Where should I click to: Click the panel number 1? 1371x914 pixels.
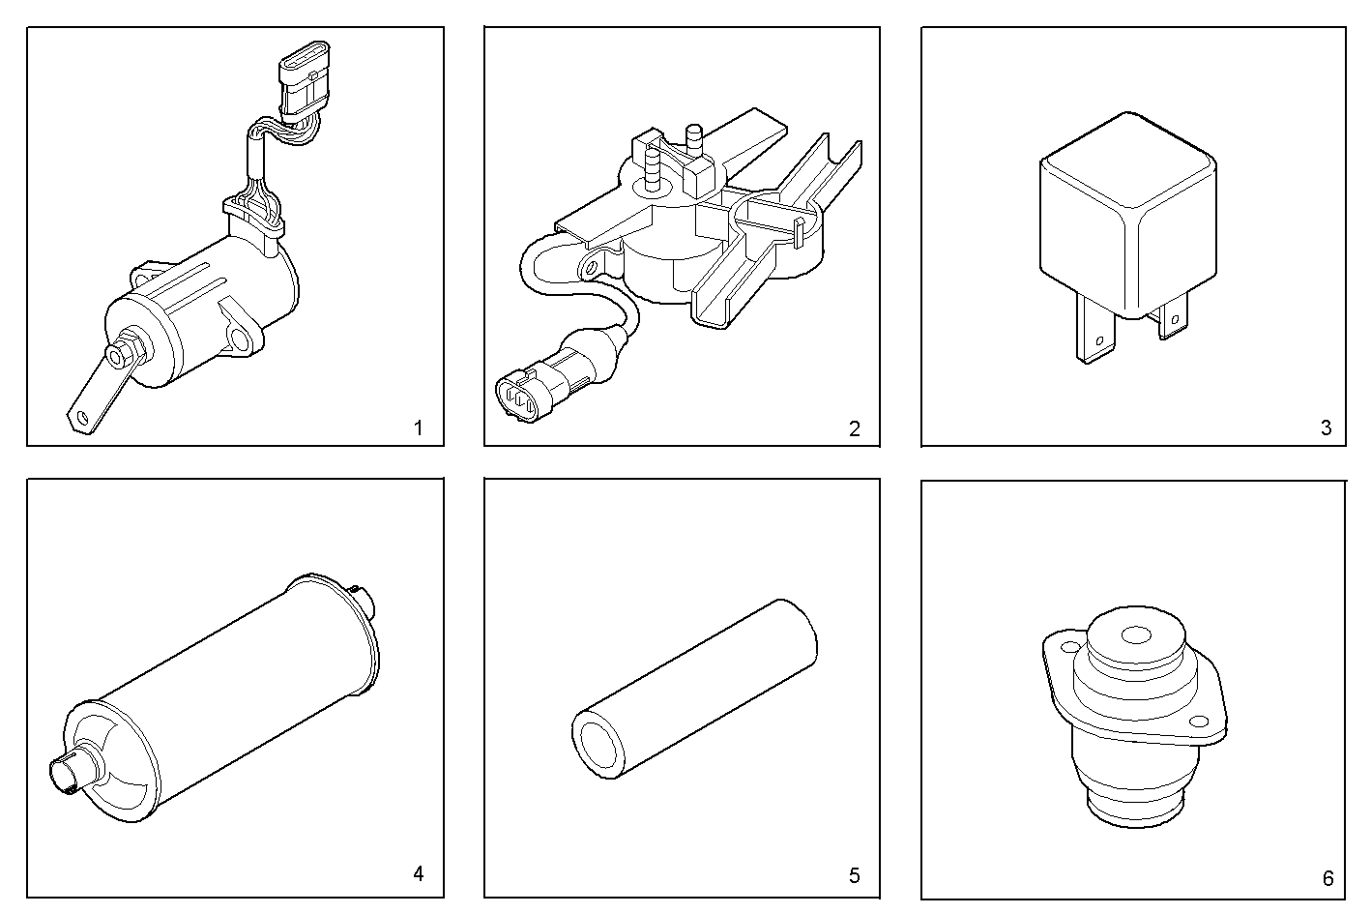(418, 428)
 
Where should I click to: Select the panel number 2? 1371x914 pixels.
(854, 428)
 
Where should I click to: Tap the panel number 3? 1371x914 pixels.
(1327, 428)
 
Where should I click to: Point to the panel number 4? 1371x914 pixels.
(418, 874)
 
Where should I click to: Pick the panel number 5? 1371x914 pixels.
(854, 875)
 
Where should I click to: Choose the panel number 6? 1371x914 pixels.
(1327, 878)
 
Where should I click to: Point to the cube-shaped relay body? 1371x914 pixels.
(1127, 218)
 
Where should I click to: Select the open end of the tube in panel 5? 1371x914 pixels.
(600, 745)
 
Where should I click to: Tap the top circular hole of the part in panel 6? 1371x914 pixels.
(1135, 635)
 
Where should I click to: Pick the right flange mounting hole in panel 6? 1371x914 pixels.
(1199, 720)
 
